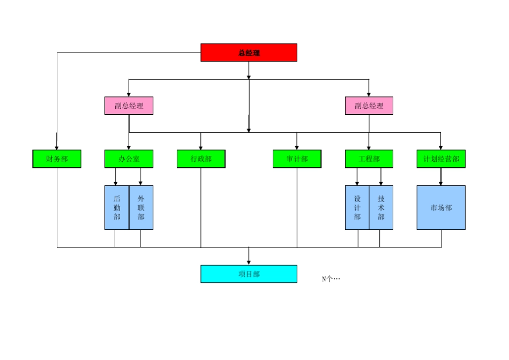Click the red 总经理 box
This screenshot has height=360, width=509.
pos(249,52)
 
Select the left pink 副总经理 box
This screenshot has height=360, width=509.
pos(129,106)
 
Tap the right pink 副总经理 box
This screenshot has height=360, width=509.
pos(369,106)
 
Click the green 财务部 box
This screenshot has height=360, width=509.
pos(57,159)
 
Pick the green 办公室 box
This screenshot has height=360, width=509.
pos(129,159)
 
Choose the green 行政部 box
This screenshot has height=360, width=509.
pos(201,159)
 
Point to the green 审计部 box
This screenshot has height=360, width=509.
pos(297,159)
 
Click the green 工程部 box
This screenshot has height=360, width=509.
pos(369,159)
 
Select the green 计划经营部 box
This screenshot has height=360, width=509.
pos(441,159)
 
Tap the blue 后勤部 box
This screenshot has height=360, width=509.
pos(117,208)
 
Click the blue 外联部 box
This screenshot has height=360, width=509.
pos(141,208)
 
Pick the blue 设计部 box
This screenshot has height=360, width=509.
pos(357,208)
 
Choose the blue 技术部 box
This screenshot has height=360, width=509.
pos(381,208)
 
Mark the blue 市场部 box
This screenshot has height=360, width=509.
pos(441,208)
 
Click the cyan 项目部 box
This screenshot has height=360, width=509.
pos(249,274)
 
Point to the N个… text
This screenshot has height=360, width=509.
pos(331,279)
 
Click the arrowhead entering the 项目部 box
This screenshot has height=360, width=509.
pos(249,262)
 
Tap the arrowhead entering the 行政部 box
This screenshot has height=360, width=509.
pos(201,147)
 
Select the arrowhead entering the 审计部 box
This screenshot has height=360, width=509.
pos(297,147)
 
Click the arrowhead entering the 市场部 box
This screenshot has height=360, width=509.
pos(441,183)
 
